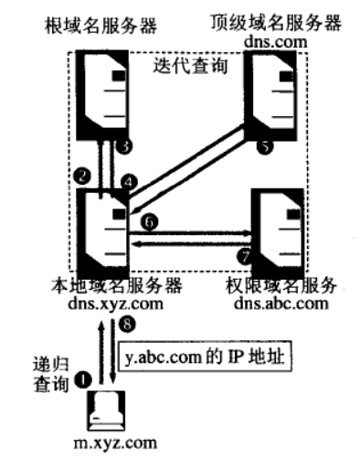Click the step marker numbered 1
click(84, 376)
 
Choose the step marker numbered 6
click(150, 220)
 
